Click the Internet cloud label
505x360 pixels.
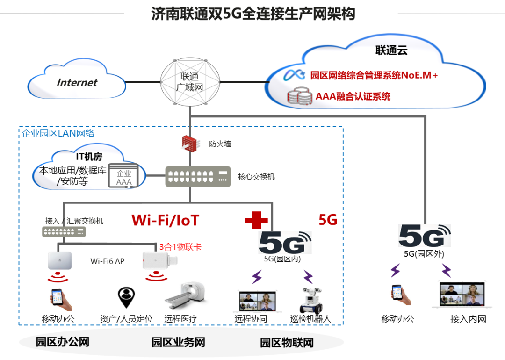tap(77, 83)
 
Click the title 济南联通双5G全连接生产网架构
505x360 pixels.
tap(253, 14)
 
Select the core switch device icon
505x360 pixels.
tap(198, 177)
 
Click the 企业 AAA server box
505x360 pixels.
tap(123, 177)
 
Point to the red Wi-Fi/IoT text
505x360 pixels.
tap(165, 220)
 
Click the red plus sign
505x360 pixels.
tap(256, 220)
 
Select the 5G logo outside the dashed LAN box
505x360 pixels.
tap(425, 235)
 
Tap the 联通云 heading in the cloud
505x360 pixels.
tap(391, 50)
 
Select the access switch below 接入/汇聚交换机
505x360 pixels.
tap(64, 231)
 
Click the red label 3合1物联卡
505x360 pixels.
tap(180, 246)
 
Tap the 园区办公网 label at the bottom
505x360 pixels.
tap(63, 342)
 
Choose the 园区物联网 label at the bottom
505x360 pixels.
tap(287, 343)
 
